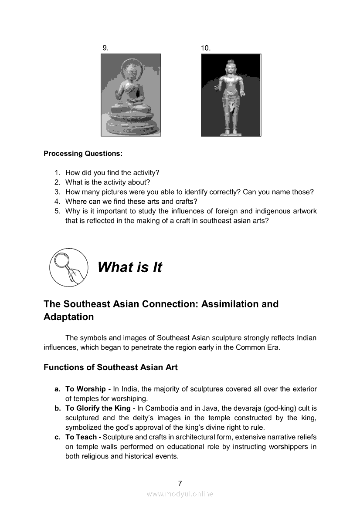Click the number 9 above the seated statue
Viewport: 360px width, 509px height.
tap(105, 47)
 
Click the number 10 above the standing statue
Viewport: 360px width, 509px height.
tap(206, 48)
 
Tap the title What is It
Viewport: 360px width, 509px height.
tap(129, 267)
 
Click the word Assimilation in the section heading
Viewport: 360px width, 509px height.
tap(233, 304)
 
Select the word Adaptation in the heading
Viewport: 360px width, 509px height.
tap(68, 317)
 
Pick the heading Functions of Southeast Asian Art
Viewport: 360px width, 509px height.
tap(110, 367)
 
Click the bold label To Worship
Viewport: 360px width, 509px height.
tap(85, 389)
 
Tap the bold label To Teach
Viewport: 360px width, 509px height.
tap(81, 437)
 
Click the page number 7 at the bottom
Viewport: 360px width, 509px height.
tap(180, 483)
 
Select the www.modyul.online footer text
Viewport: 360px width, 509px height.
tap(180, 494)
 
